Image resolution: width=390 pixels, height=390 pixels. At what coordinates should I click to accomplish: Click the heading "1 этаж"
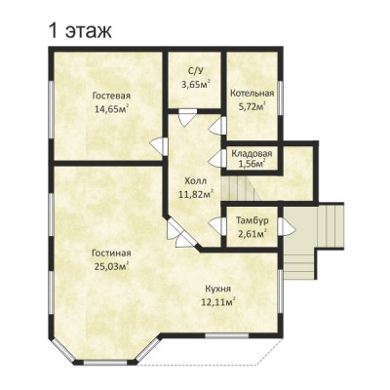coord(80,31)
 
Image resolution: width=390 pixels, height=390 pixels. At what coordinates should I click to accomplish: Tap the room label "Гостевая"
coord(111,96)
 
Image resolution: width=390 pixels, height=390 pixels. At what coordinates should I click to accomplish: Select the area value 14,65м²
coord(111,108)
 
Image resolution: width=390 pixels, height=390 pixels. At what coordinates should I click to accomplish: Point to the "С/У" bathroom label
coord(195,72)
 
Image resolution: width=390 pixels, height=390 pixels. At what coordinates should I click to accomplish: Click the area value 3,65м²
coord(195,84)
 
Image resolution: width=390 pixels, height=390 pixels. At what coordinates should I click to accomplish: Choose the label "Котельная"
coord(253,94)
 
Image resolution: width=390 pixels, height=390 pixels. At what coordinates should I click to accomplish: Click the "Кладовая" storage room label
coord(252,153)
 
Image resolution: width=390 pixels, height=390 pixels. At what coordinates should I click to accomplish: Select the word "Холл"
coord(195,180)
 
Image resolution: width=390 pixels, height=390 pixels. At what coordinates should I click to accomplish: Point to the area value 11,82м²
coord(196,194)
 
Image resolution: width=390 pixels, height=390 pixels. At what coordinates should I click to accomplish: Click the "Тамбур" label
coord(253,220)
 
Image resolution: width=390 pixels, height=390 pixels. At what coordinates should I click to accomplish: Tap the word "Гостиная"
coord(111,253)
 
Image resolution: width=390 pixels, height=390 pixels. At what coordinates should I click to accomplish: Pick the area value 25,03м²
coord(111,266)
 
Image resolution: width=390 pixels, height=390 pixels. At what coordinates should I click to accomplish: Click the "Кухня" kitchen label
coord(218,289)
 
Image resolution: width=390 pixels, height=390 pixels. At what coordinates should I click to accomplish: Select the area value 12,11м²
coord(218,302)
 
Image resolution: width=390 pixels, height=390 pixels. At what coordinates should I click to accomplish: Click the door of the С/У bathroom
coord(187,117)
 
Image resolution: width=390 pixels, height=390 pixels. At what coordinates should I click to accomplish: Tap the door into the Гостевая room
coord(159,145)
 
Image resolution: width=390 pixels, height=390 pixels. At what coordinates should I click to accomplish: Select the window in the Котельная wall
coord(281,97)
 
